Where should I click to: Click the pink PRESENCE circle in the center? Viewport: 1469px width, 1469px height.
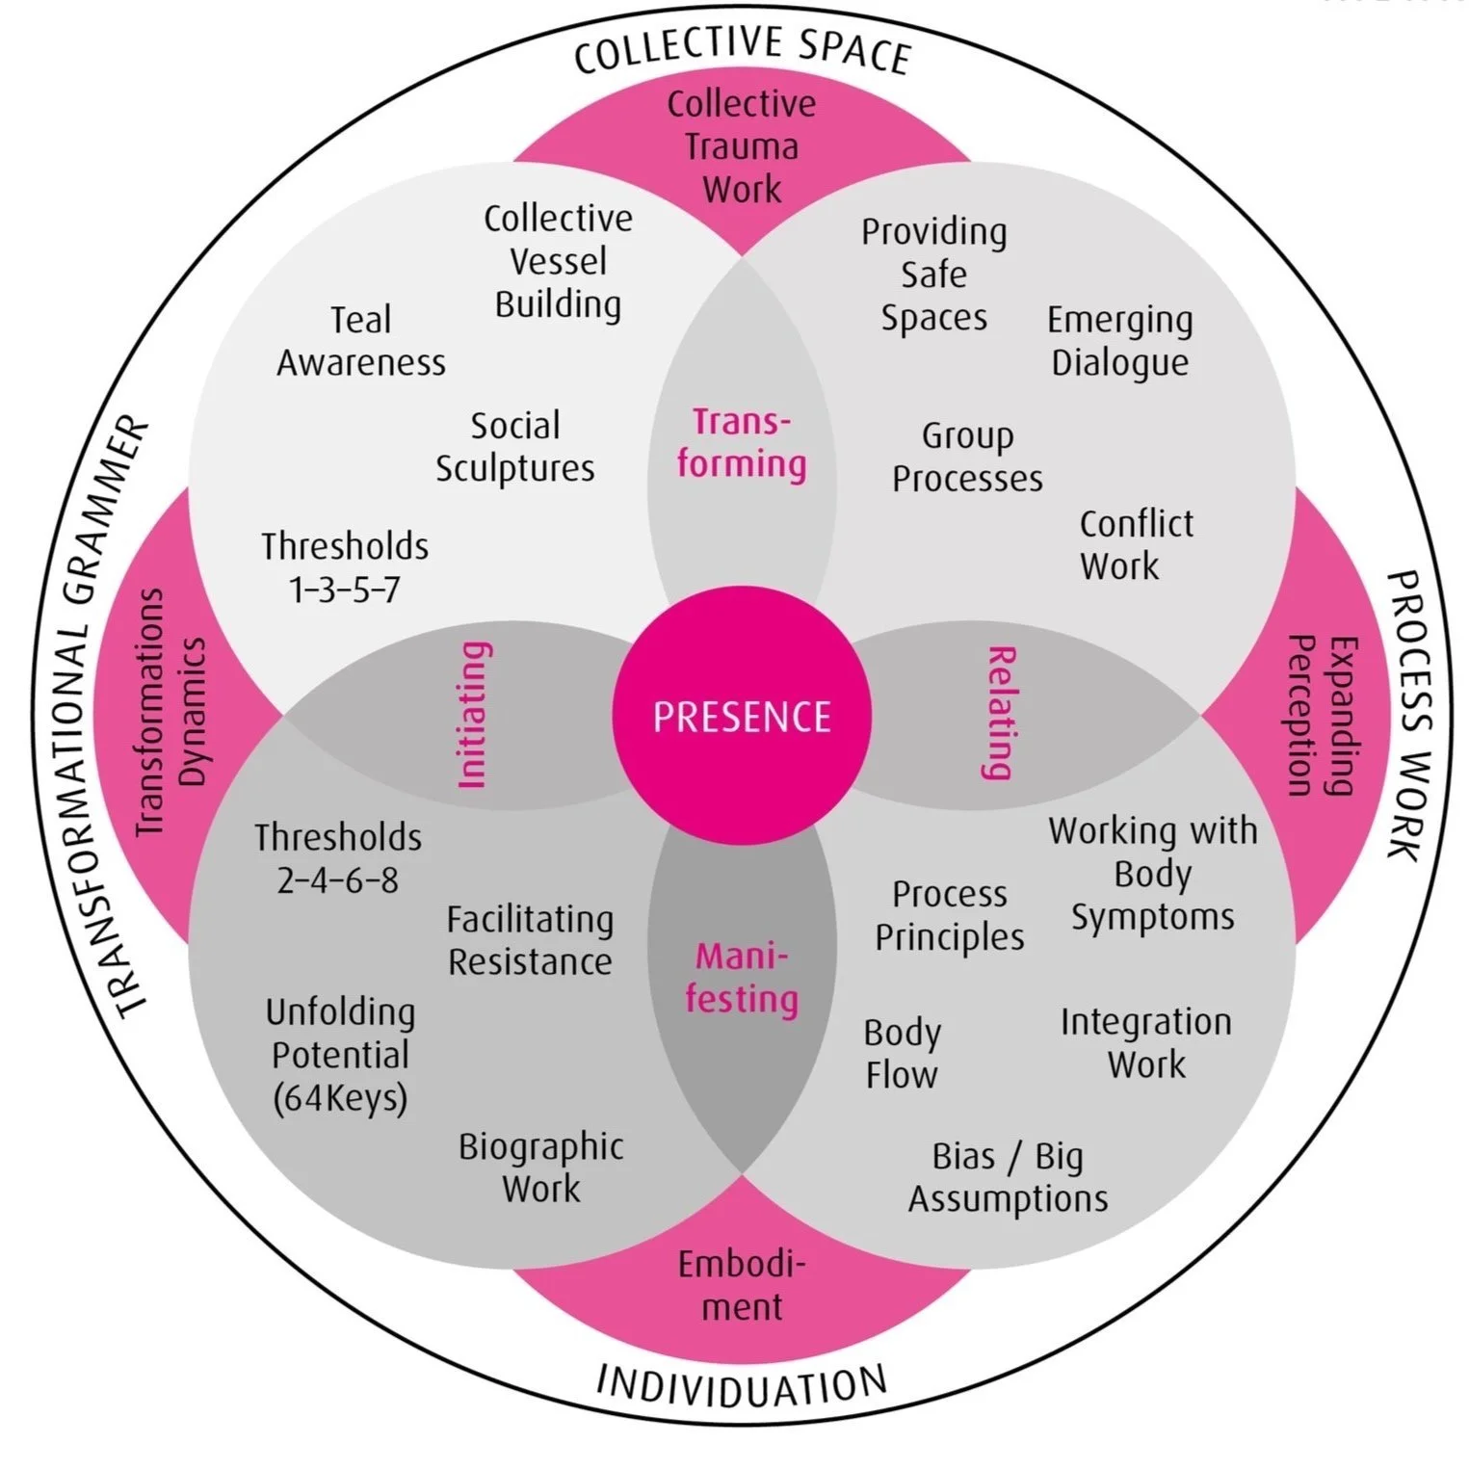point(742,717)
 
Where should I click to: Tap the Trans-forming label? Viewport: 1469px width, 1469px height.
point(742,443)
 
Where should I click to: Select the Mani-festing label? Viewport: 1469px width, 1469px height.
point(742,977)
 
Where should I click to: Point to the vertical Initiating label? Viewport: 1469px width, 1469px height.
point(473,715)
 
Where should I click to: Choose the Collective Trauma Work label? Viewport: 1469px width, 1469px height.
point(742,146)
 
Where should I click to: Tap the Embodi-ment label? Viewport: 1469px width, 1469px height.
point(742,1285)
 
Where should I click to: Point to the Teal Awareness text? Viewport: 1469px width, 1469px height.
point(361,341)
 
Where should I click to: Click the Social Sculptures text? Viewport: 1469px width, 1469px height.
point(515,447)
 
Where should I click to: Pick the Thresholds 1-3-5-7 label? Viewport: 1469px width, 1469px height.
point(345,567)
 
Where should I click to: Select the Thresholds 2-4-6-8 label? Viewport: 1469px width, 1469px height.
point(338,858)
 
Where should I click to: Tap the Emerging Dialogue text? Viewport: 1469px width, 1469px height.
point(1120,341)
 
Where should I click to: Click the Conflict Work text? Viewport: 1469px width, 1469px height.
point(1136,545)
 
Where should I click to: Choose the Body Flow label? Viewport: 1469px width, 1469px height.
point(902,1054)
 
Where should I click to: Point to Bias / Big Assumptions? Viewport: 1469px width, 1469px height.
point(1008,1177)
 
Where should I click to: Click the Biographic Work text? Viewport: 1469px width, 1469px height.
point(541,1167)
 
